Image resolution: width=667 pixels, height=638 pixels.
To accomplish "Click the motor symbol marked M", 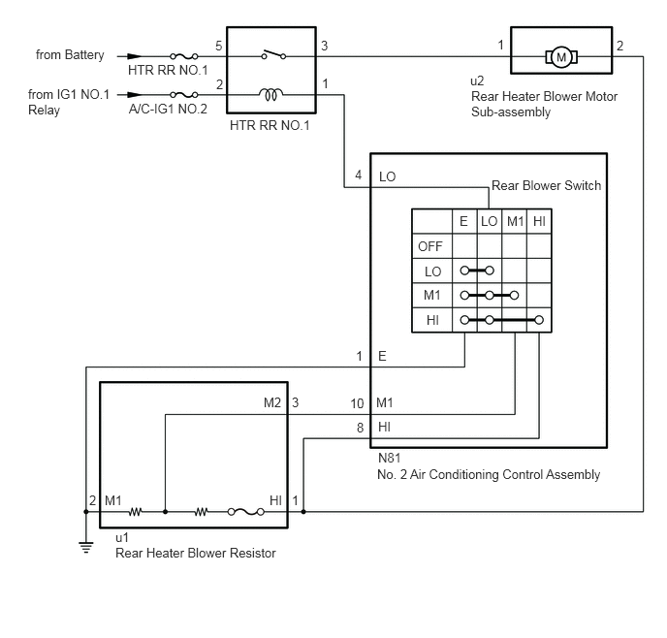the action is (561, 56).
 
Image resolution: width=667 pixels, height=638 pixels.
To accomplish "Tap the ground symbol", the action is (86, 547).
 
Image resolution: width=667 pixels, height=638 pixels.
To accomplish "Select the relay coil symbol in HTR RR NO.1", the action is (271, 94).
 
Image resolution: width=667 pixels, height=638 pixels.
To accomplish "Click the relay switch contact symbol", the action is (273, 55).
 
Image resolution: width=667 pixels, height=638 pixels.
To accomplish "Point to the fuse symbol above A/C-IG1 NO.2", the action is (184, 94).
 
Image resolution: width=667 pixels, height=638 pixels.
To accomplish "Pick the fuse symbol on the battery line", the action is (184, 55).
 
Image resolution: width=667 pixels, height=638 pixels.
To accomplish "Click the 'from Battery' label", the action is (70, 55).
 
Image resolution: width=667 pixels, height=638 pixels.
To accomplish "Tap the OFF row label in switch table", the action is (430, 246).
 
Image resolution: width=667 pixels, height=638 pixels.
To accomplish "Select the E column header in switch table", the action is (463, 221).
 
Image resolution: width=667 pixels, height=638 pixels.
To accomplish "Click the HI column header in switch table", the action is (539, 221).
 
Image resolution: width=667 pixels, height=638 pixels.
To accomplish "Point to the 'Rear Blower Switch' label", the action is (546, 185).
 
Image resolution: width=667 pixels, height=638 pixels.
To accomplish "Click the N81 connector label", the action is (389, 458).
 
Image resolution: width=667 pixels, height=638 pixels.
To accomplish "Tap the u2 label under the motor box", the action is (477, 80).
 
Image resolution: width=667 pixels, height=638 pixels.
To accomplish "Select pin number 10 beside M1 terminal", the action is (357, 403).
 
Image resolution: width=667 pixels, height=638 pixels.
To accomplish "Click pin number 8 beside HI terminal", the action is (361, 428).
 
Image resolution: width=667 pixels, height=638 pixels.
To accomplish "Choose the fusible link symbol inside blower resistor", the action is (246, 512).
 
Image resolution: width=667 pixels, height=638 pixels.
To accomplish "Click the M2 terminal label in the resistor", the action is (272, 402).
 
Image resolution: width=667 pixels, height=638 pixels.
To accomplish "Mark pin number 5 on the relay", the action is (219, 46).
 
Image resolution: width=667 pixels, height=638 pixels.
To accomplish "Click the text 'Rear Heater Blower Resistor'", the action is (196, 553).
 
